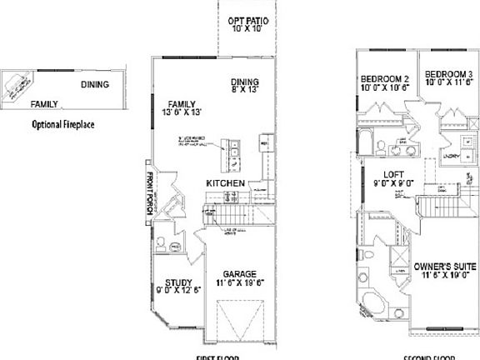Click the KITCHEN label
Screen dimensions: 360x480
[x=226, y=182]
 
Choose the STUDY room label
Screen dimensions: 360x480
[x=178, y=282]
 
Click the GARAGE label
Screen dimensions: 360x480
[x=238, y=272]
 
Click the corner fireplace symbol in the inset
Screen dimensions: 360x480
[x=17, y=86]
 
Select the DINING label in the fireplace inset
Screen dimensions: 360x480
[x=96, y=84]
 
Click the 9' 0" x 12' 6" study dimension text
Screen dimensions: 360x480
[x=178, y=291]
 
